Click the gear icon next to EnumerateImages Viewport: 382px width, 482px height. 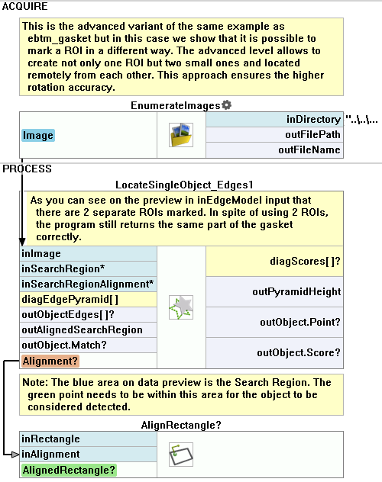click(x=227, y=105)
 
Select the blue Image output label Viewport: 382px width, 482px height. click(x=38, y=135)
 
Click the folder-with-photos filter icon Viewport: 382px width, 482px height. click(x=181, y=135)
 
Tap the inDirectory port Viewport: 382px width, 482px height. click(x=313, y=119)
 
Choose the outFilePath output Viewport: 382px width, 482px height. click(x=312, y=135)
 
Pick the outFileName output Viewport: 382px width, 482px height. click(x=309, y=150)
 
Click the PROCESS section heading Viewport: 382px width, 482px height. click(x=27, y=169)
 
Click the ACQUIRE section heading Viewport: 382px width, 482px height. click(x=25, y=6)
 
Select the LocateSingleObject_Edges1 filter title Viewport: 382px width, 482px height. click(x=184, y=185)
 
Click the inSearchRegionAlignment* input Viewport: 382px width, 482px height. click(x=87, y=284)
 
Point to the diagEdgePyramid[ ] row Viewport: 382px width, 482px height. click(x=70, y=300)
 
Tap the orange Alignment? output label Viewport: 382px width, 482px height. click(x=50, y=361)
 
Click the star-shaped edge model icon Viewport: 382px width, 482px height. click(x=181, y=307)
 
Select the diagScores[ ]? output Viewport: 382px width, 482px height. click(x=305, y=262)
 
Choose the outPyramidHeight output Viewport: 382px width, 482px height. click(x=296, y=292)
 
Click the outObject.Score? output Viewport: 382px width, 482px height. click(x=299, y=353)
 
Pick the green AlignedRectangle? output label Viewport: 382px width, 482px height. click(x=69, y=471)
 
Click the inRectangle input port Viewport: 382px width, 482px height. click(x=50, y=439)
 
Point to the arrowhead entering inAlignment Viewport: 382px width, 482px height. click(x=15, y=455)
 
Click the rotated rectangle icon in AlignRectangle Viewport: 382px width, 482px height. click(x=181, y=455)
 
